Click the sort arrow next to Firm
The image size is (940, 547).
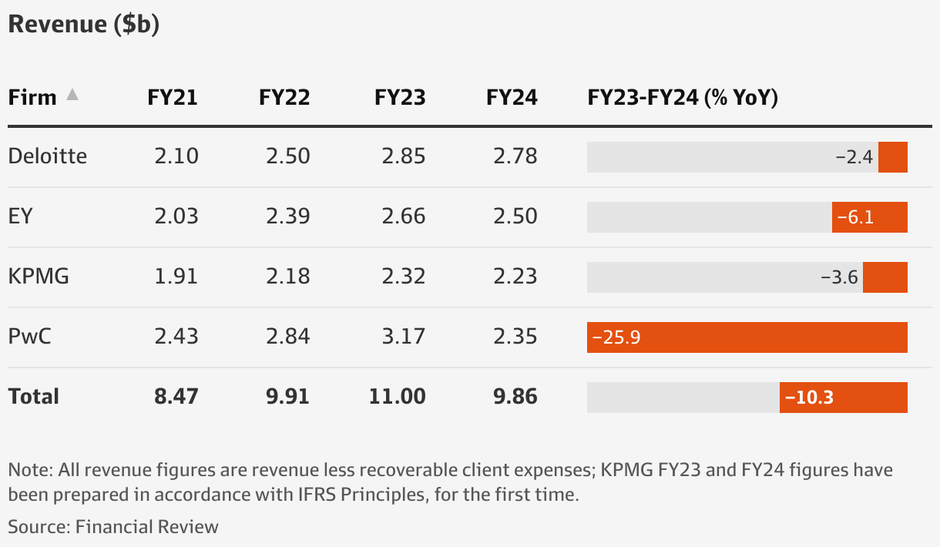[x=72, y=95]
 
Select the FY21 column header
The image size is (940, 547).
[x=173, y=98]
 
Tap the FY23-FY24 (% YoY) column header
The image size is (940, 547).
[x=683, y=98]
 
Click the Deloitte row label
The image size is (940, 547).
[x=47, y=156]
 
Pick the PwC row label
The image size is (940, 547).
[x=30, y=337]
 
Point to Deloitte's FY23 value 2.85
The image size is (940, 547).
[x=404, y=156]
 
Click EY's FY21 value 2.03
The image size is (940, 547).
[x=176, y=216]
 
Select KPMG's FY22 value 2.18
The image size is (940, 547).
[x=288, y=277]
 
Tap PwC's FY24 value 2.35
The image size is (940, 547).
[x=515, y=337]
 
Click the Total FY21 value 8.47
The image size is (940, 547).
[x=176, y=397]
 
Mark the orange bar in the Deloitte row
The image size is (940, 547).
[x=892, y=157]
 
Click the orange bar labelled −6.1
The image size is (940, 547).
[x=869, y=217]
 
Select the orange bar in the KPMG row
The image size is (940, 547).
[x=885, y=277]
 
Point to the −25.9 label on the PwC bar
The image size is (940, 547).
[x=616, y=337]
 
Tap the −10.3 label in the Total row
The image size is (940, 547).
[x=808, y=398]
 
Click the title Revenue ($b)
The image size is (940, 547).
[x=83, y=25]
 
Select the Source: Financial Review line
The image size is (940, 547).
[x=113, y=527]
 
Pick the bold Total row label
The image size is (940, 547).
[x=33, y=397]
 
